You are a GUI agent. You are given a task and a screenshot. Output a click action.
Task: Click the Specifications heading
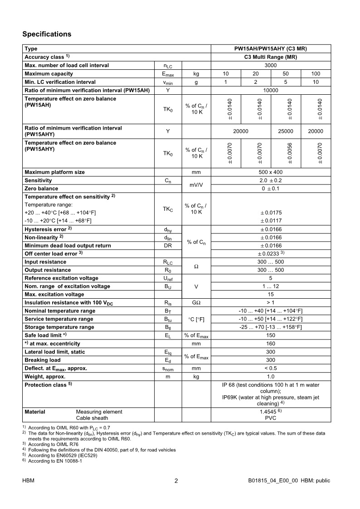[x=47, y=34]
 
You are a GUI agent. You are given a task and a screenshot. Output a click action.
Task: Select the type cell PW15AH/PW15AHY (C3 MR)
[x=271, y=49]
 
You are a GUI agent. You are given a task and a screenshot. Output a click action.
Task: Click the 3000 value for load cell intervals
[x=271, y=65]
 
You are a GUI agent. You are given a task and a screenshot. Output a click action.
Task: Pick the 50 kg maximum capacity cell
[x=286, y=74]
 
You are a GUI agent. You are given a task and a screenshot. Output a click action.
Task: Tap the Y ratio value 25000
[x=286, y=131]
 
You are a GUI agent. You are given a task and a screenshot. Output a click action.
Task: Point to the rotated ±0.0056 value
[x=290, y=154]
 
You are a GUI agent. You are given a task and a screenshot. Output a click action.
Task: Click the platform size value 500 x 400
[x=271, y=172]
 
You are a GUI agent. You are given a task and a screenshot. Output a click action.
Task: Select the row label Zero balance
[x=41, y=189]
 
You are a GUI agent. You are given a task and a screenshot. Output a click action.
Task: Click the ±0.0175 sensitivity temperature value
[x=271, y=213]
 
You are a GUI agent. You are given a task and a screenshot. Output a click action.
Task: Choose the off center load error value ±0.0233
[x=271, y=254]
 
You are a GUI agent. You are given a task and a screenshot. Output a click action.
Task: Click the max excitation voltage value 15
[x=271, y=295]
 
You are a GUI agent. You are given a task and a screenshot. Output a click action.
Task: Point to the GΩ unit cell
[x=196, y=303]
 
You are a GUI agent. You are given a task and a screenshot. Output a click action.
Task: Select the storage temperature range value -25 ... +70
[x=271, y=327]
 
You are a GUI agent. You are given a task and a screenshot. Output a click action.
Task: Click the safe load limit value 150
[x=271, y=335]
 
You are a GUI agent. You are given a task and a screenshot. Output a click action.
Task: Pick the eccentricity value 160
[x=271, y=344]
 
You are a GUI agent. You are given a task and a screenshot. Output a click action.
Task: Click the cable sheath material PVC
[x=271, y=418]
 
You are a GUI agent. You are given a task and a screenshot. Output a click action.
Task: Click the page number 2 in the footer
[x=176, y=481]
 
